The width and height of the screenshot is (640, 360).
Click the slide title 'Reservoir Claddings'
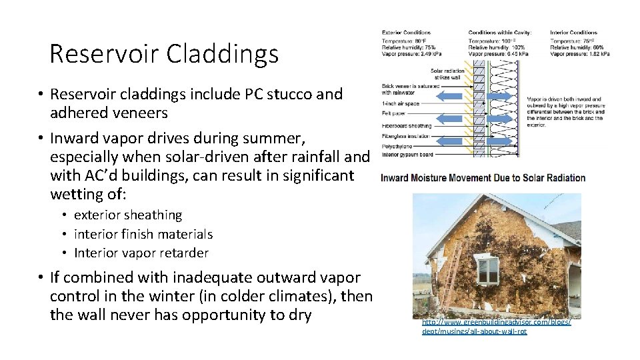[164, 54]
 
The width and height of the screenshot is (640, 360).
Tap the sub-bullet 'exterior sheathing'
[128, 215]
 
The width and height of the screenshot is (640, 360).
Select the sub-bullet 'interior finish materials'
[143, 234]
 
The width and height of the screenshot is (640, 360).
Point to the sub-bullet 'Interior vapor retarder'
[141, 253]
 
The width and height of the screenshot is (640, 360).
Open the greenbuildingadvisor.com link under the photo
[496, 326]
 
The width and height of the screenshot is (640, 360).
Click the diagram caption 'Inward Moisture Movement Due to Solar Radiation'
[483, 178]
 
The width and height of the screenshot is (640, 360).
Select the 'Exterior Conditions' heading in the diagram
[406, 32]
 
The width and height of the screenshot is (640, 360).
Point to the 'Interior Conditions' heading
[573, 32]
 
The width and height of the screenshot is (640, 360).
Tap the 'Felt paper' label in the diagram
[393, 114]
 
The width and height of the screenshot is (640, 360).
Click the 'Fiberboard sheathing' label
[406, 125]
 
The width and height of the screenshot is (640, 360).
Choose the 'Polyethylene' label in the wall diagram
[397, 145]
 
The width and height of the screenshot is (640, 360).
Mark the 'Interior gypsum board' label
[407, 155]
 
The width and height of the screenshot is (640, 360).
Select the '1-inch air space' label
[400, 104]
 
